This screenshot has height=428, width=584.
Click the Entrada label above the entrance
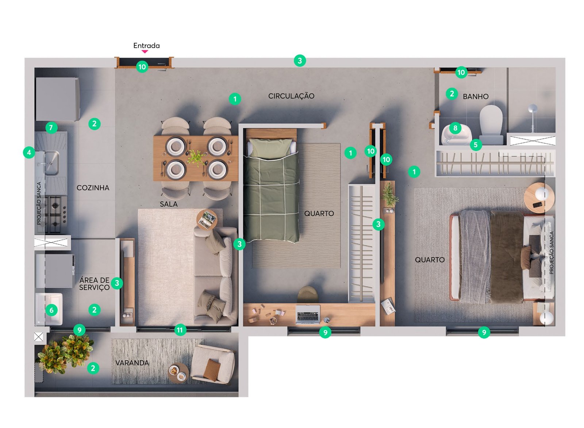(x=146, y=46)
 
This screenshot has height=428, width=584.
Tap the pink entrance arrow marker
(x=145, y=51)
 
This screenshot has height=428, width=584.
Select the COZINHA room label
(x=93, y=188)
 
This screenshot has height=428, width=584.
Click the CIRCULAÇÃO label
(x=291, y=96)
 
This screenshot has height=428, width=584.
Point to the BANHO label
(x=476, y=96)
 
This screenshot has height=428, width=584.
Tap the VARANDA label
(x=132, y=363)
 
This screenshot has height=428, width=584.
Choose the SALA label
(x=169, y=204)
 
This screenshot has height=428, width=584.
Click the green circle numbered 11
(x=180, y=330)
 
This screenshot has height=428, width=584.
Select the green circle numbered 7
(x=51, y=128)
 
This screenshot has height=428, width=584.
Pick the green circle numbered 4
(x=29, y=153)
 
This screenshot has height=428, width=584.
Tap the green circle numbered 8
(x=455, y=128)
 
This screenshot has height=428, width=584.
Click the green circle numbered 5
(x=476, y=145)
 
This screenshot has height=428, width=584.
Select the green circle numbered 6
(x=51, y=310)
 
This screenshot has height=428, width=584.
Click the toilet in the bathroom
(x=491, y=125)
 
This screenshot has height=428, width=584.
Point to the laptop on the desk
(x=308, y=314)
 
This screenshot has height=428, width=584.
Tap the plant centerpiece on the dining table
(x=196, y=157)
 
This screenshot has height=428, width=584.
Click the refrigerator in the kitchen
(x=58, y=99)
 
